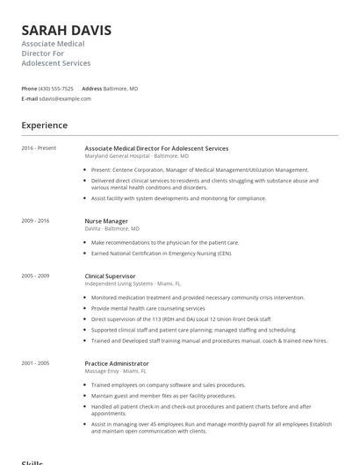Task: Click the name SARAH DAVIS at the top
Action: coord(66,30)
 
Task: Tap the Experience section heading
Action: coord(44,125)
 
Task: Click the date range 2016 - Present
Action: coord(39,148)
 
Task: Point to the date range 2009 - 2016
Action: coord(36,220)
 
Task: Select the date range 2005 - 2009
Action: coord(36,275)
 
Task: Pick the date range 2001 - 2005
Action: coord(36,362)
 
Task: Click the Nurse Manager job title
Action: coord(106,221)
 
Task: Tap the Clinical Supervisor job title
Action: coord(110,276)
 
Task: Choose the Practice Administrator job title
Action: coord(117,363)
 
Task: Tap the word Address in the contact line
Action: coord(91,89)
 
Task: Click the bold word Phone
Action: coord(29,89)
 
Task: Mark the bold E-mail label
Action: coord(30,98)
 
